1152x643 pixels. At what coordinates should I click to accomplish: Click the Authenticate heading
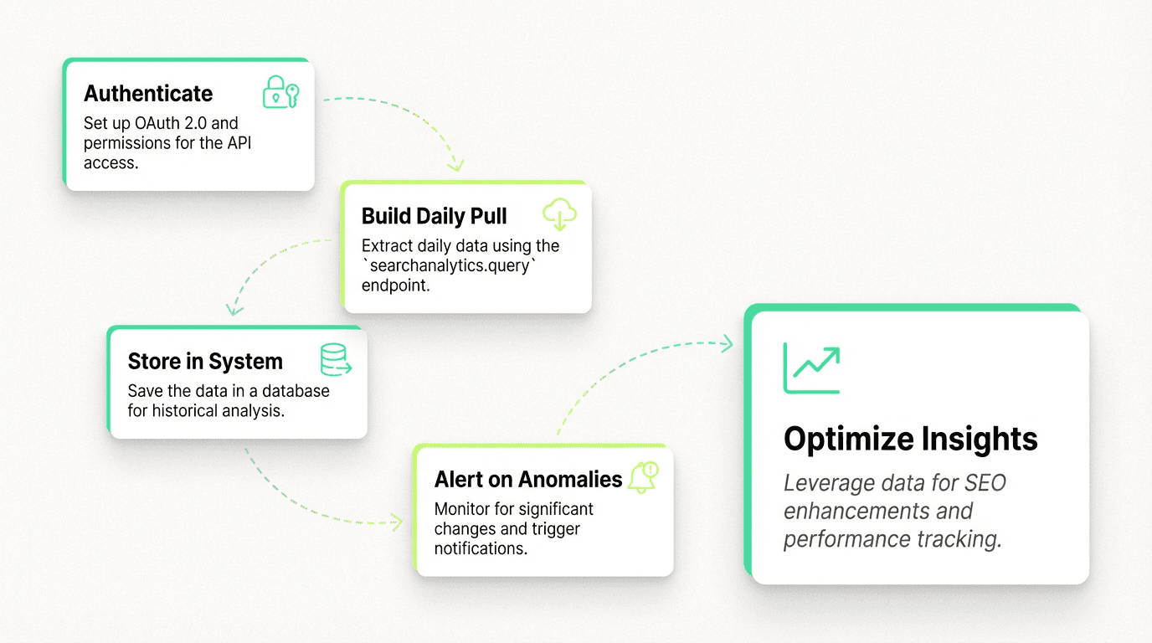tap(148, 94)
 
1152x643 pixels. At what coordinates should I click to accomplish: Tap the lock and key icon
tap(280, 92)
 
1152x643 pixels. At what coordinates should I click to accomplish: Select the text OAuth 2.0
tap(168, 123)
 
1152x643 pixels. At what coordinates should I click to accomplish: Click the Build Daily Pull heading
tap(434, 216)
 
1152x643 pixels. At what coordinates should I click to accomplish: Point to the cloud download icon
tap(559, 214)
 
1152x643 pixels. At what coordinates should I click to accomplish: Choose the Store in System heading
tap(205, 362)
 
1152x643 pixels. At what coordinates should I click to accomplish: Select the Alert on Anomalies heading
tap(528, 479)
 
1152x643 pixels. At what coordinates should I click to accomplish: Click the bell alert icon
tap(644, 477)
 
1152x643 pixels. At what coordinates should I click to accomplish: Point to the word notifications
tap(480, 548)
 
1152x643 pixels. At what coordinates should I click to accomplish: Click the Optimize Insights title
tap(910, 439)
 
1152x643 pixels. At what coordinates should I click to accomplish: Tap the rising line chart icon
tap(811, 368)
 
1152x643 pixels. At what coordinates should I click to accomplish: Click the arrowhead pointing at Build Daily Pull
tap(455, 164)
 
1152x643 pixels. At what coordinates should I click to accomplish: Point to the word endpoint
tap(395, 285)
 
